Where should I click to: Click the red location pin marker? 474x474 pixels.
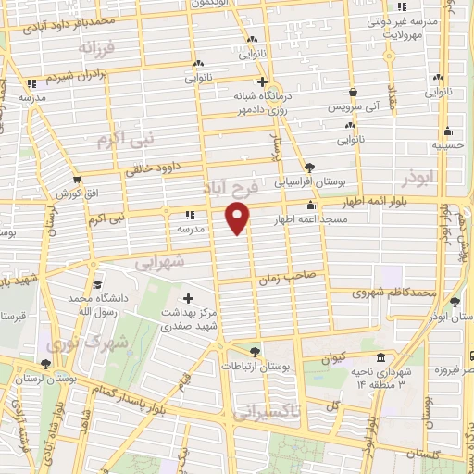point(238,218)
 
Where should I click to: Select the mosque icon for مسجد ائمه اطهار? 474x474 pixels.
point(310,206)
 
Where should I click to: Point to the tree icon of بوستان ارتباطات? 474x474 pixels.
point(255,352)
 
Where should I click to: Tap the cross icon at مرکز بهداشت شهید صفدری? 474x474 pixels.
point(189,298)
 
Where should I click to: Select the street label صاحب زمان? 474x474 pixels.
point(295,275)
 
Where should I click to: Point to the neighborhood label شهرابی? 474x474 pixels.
point(160,263)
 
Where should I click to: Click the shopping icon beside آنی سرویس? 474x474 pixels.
point(355,93)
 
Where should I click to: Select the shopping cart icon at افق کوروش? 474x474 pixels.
point(76,180)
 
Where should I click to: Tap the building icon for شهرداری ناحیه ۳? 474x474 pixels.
point(380,359)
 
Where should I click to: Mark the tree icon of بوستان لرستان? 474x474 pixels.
point(46,365)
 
